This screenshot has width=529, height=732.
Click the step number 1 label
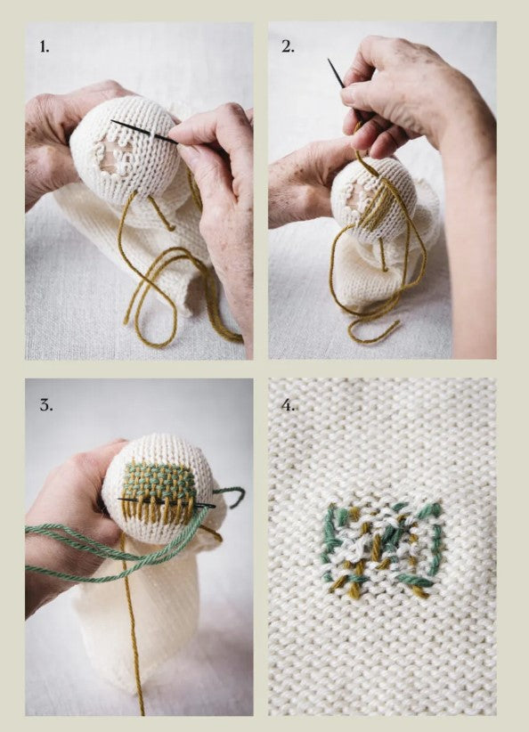click(44, 46)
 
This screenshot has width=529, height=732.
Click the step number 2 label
click(288, 46)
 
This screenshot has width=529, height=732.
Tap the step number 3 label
click(45, 404)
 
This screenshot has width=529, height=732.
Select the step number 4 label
click(289, 406)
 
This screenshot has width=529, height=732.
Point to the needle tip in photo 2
click(330, 63)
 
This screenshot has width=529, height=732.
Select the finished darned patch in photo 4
click(381, 548)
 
